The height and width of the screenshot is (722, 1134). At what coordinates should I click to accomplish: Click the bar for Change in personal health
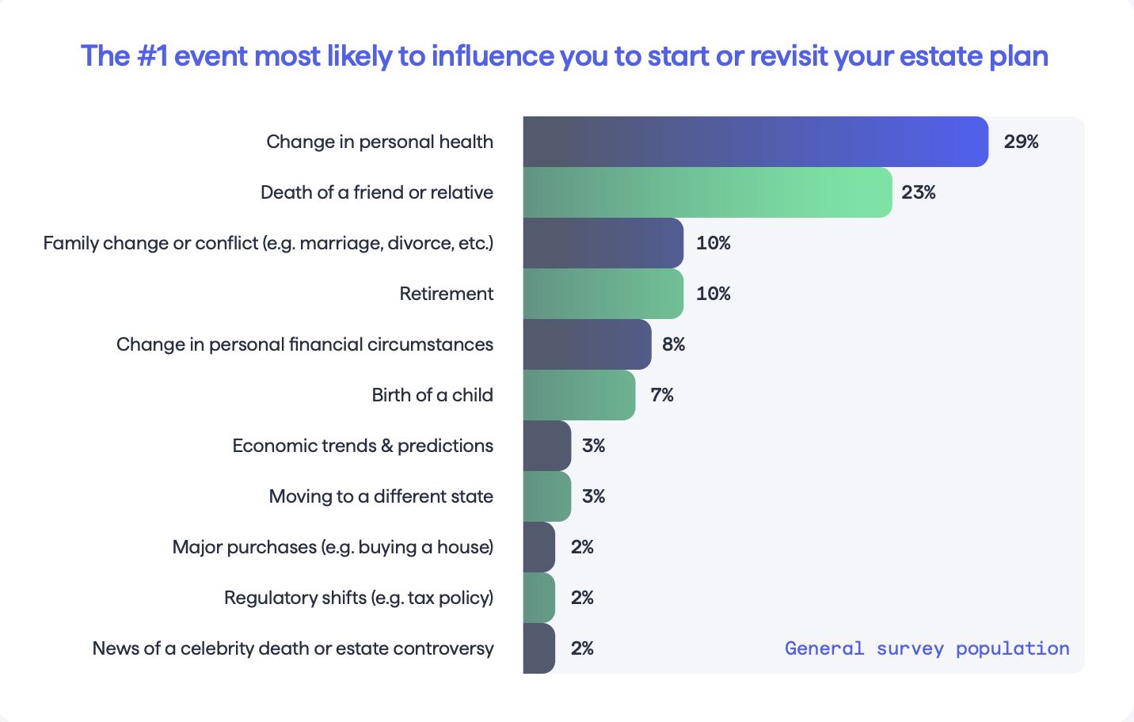[755, 142]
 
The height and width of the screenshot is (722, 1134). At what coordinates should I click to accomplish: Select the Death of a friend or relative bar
[707, 192]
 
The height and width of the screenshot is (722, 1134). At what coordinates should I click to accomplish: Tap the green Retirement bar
[603, 294]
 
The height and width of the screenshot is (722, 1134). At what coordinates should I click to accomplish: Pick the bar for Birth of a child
[579, 395]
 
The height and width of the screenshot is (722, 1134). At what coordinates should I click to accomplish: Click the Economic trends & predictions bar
[546, 445]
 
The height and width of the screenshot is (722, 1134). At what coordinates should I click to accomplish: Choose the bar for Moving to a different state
[546, 496]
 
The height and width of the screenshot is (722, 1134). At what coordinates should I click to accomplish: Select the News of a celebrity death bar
[538, 648]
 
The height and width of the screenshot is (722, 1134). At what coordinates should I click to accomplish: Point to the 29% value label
[1021, 142]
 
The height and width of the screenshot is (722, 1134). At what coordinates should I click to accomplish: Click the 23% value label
[919, 192]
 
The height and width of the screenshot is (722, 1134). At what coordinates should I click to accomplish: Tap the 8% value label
[673, 344]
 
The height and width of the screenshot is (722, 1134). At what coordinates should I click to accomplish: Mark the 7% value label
[662, 395]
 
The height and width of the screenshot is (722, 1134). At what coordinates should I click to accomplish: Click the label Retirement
[446, 294]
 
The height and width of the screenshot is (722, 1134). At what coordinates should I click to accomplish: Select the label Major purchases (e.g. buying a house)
[333, 547]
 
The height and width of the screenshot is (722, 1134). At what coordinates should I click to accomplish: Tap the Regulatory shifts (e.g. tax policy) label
[359, 598]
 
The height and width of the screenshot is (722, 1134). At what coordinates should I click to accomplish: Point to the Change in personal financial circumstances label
[305, 344]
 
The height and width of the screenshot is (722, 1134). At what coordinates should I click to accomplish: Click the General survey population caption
[927, 648]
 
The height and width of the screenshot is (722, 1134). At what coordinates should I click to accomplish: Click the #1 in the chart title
[152, 55]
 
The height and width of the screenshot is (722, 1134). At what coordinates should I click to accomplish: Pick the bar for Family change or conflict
[603, 243]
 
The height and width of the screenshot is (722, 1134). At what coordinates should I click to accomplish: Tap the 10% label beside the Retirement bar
[714, 294]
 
